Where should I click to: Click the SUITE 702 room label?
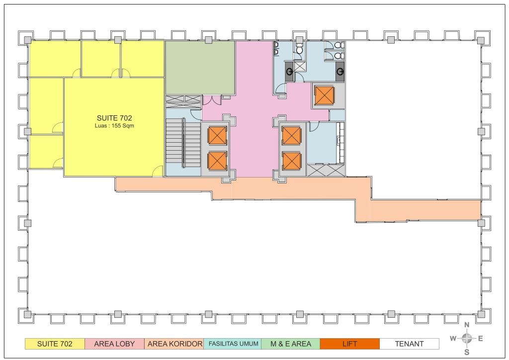coord(114,118)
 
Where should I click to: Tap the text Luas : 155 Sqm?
coord(114,126)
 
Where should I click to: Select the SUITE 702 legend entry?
coord(55,344)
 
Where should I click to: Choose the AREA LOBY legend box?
coord(114,344)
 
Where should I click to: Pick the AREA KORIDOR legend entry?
coord(174,344)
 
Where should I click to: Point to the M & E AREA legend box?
coord(291,344)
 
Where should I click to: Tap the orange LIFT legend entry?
coord(349,344)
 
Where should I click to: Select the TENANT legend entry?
coord(410,344)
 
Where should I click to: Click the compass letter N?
coord(467,325)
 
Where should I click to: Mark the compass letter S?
coord(467,352)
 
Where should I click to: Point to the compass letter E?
coord(481,339)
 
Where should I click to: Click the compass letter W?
coord(453,339)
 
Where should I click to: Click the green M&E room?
coord(200,68)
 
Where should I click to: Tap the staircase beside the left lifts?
coord(183,143)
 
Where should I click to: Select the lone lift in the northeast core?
coord(324,96)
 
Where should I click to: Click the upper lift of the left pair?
coord(217,135)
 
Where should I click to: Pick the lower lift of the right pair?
coord(291,161)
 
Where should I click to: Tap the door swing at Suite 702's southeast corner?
coord(158,171)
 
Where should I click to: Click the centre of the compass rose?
coord(467,339)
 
